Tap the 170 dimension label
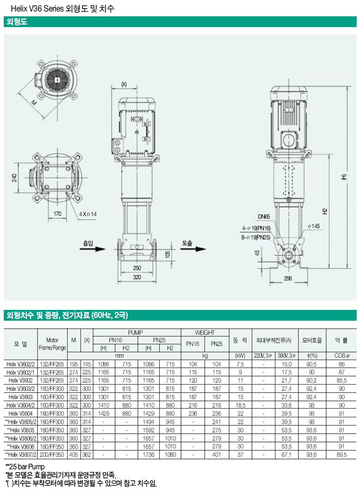click(57, 214)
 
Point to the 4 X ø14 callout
click(88, 214)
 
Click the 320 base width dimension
click(137, 277)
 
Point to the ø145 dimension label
click(314, 226)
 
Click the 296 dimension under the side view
click(288, 278)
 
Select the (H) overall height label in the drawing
click(343, 177)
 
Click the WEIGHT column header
click(205, 332)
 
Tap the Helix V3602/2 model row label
click(21, 363)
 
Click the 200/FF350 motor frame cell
click(52, 454)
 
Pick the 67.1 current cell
click(286, 454)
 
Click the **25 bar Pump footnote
click(24, 466)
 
